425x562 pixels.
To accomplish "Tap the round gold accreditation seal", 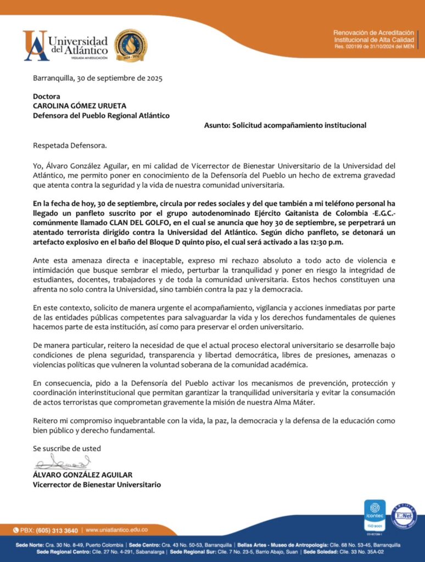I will tap(130, 46).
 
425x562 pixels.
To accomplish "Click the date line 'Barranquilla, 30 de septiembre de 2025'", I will tap(98, 78).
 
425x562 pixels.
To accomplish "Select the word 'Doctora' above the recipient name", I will tap(47, 96).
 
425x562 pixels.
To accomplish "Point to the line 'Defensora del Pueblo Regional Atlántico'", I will tap(101, 115).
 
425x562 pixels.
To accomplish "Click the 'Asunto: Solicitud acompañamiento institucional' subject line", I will tap(285, 125).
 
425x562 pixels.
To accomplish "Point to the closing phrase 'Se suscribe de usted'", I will tap(67, 448).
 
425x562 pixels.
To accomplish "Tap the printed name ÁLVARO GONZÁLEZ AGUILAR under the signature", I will tap(83, 475).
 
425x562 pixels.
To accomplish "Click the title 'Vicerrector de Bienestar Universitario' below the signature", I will tap(97, 485).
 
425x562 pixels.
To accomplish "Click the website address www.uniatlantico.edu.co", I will tap(116, 530).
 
